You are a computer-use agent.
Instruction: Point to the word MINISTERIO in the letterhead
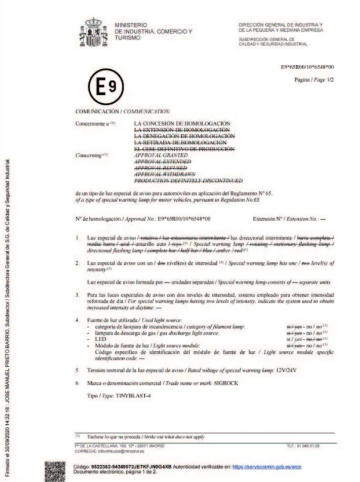[127, 24]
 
